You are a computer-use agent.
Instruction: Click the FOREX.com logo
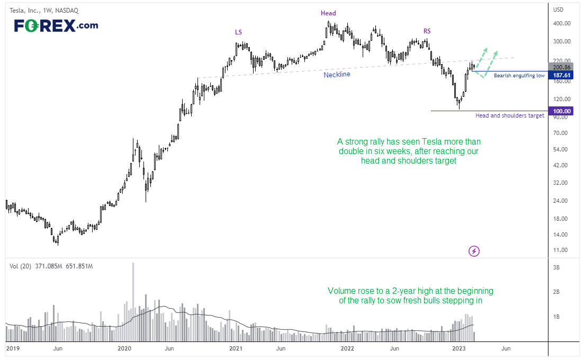pyautogui.click(x=56, y=25)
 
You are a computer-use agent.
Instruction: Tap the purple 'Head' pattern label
pyautogui.click(x=328, y=13)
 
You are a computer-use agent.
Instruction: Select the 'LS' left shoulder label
pyautogui.click(x=238, y=32)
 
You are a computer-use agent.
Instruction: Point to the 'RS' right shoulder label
pyautogui.click(x=427, y=31)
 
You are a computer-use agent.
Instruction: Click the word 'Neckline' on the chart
pyautogui.click(x=337, y=75)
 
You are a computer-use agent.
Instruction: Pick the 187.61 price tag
pyautogui.click(x=562, y=75)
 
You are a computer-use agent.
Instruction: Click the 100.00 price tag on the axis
pyautogui.click(x=562, y=111)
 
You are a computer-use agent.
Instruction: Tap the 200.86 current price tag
pyautogui.click(x=562, y=67)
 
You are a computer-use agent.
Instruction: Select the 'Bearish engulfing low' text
pyautogui.click(x=519, y=75)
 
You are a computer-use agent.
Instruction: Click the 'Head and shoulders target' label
pyautogui.click(x=510, y=115)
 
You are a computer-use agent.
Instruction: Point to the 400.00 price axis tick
pyautogui.click(x=562, y=23)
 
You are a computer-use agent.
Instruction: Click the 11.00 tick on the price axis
pyautogui.click(x=561, y=250)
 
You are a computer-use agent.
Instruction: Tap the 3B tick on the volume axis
pyautogui.click(x=556, y=267)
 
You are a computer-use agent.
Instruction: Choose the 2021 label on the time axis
pyautogui.click(x=236, y=348)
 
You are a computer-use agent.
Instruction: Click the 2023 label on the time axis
pyautogui.click(x=459, y=348)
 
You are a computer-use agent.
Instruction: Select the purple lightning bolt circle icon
pyautogui.click(x=474, y=251)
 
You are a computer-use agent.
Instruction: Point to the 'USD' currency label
pyautogui.click(x=558, y=10)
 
